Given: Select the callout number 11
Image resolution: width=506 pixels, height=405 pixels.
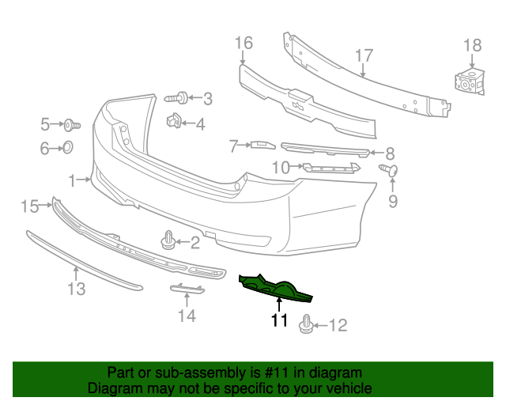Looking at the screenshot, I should coord(278,320).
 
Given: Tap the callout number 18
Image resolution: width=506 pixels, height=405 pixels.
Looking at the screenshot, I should coord(472,46).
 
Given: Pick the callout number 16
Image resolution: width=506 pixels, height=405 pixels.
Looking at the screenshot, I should coord(244,42).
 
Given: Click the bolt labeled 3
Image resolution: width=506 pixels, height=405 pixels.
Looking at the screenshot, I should coord(176,98).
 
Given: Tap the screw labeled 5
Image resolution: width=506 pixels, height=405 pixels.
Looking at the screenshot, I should coord(71,124).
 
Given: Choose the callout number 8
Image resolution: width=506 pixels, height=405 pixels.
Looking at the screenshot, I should coord(390,153).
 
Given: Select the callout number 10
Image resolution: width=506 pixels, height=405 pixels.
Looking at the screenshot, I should coord(281,167).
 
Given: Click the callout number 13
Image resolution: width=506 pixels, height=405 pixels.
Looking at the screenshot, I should coord(75,290).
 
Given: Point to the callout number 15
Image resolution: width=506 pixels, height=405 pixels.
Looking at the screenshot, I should coord(29,206).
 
